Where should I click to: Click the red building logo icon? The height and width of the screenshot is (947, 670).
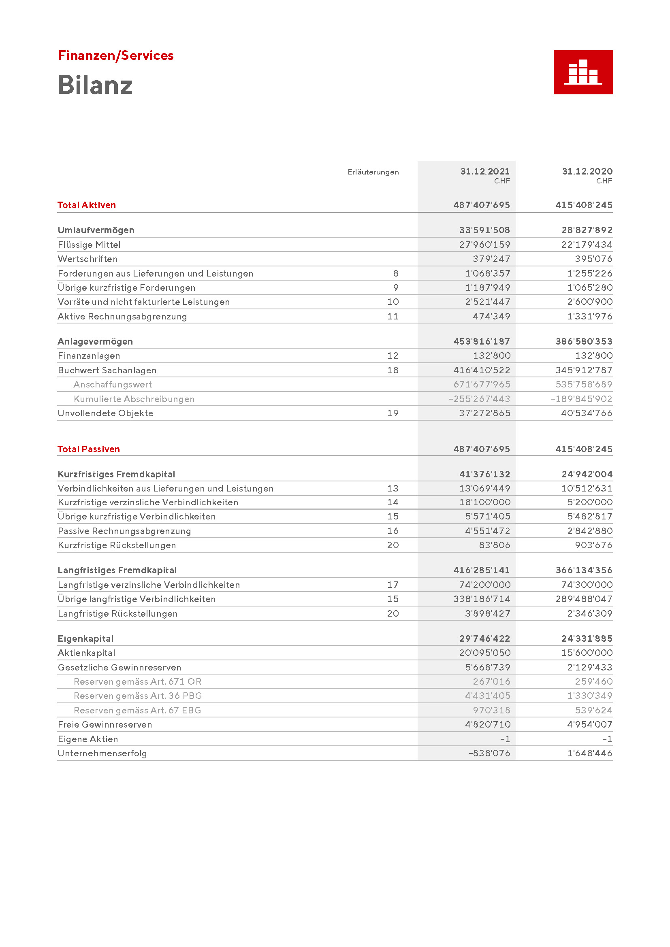[583, 72]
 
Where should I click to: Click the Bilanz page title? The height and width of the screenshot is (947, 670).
[95, 85]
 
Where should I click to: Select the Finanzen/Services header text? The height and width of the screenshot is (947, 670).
[115, 55]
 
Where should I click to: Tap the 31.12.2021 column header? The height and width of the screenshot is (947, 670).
[485, 171]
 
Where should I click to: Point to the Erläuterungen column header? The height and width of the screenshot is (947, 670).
[373, 172]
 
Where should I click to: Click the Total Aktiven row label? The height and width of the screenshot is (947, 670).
[87, 205]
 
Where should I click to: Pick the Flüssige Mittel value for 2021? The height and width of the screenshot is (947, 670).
[484, 245]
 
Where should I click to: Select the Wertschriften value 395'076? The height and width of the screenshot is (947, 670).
[593, 259]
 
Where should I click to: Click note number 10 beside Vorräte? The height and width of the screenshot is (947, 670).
[393, 302]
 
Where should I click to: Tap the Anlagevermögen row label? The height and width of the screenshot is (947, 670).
[95, 342]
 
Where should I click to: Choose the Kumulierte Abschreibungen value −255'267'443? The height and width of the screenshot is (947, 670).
[479, 399]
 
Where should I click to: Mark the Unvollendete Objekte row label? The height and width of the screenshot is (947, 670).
[106, 413]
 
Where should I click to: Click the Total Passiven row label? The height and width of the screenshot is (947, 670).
[89, 449]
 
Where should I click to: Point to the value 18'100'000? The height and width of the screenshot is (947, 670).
[484, 502]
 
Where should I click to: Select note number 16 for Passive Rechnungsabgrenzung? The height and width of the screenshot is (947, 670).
[393, 531]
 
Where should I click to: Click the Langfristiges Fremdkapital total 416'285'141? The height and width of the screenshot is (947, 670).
[482, 570]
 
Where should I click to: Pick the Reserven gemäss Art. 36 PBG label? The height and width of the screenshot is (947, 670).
[138, 696]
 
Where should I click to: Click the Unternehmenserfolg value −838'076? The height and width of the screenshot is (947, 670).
[489, 753]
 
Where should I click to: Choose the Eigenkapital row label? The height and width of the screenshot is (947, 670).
[86, 639]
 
